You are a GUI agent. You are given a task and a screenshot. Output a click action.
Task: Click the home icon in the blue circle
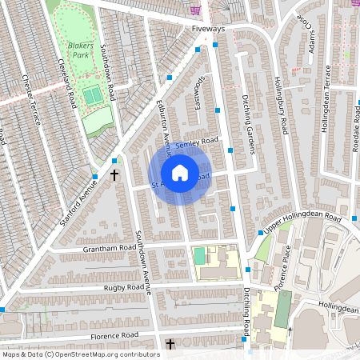point(180,172)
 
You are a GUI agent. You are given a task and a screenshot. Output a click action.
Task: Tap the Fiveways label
point(209,29)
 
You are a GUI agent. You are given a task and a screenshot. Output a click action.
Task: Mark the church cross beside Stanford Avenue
point(114,174)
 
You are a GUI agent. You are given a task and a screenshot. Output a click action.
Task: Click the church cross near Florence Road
point(170,345)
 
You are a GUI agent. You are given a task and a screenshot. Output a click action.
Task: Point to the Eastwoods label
point(197,90)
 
